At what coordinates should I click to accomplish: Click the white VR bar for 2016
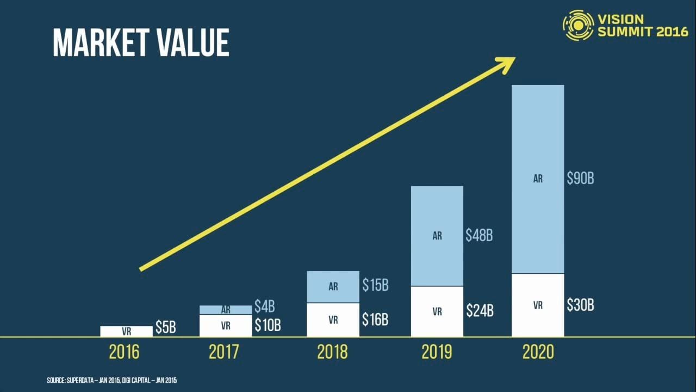pyautogui.click(x=126, y=331)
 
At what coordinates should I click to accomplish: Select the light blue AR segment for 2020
pyautogui.click(x=537, y=179)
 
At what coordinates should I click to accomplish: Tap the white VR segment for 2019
pyautogui.click(x=437, y=311)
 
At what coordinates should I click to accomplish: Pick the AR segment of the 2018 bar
pyautogui.click(x=333, y=286)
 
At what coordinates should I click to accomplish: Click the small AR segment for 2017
pyautogui.click(x=226, y=309)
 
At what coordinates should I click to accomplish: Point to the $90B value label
pyautogui.click(x=580, y=179)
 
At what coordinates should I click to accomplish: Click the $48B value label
pyautogui.click(x=479, y=235)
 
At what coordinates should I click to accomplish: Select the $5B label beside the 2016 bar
pyautogui.click(x=166, y=327)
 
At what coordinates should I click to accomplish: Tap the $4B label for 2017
pyautogui.click(x=264, y=307)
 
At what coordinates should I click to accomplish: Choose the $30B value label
pyautogui.click(x=580, y=305)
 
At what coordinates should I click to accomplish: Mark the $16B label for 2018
pyautogui.click(x=375, y=319)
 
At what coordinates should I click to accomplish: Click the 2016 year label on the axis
pyautogui.click(x=124, y=352)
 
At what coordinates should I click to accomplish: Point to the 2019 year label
pyautogui.click(x=437, y=352)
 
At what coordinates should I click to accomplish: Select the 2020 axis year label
pyautogui.click(x=538, y=352)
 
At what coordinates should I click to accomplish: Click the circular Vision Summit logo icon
pyautogui.click(x=578, y=25)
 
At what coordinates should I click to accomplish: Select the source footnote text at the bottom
pyautogui.click(x=111, y=381)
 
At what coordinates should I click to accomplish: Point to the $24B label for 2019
pyautogui.click(x=480, y=311)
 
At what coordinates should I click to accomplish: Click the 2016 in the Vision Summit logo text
pyautogui.click(x=672, y=32)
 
